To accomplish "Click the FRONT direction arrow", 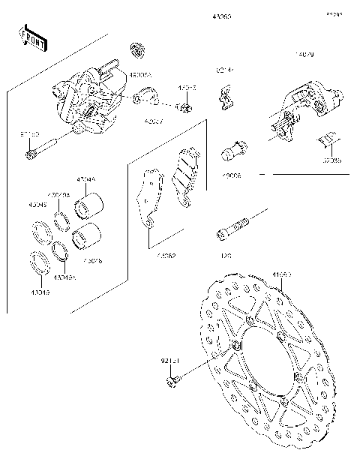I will (32, 39).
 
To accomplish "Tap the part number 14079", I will (304, 54).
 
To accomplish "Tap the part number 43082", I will (166, 256).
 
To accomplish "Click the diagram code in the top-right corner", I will (334, 14).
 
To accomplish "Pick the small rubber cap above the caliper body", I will (137, 49).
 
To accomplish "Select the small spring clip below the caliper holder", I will (330, 138).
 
